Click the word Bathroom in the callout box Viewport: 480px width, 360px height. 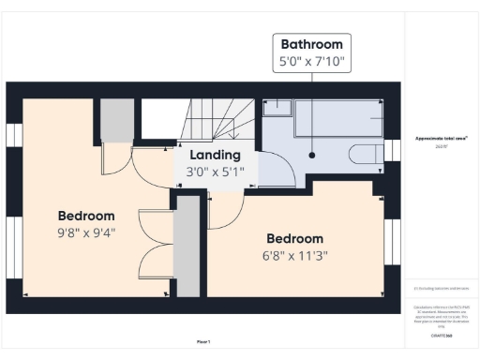coord(311,44)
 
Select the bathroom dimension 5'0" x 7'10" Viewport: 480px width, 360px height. coord(311,64)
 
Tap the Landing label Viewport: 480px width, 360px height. coord(215,155)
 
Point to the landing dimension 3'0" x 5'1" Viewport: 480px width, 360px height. coord(215,172)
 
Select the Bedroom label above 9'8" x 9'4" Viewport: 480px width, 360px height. coord(85,215)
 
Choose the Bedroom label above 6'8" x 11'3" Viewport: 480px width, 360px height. coord(294,238)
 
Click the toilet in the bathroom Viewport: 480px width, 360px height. coord(362,156)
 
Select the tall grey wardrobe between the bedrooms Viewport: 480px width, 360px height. coord(187,244)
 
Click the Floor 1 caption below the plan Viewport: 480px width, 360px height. coord(203,340)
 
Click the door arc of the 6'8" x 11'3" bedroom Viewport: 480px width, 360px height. coord(223,214)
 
